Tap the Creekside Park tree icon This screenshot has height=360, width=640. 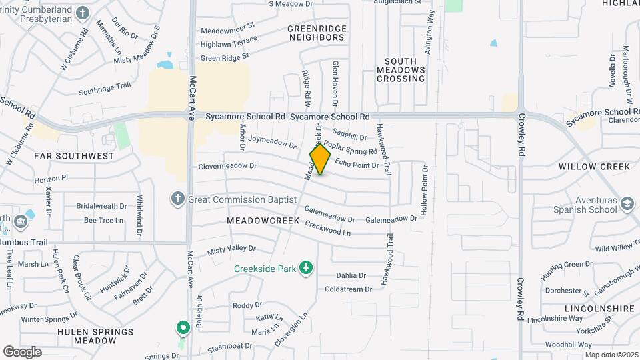(x=306, y=268)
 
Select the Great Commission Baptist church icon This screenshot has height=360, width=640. (x=177, y=199)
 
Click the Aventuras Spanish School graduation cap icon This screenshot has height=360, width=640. (x=627, y=203)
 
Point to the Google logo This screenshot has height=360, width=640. (x=22, y=352)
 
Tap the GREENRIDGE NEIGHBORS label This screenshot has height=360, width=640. (x=316, y=33)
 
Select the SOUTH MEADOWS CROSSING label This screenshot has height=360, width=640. (x=401, y=69)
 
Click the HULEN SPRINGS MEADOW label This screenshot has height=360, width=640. (x=95, y=336)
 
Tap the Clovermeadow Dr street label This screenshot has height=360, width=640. (x=227, y=167)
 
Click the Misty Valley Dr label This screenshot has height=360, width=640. (x=231, y=249)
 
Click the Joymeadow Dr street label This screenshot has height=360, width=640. (x=272, y=142)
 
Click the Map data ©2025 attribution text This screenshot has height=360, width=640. (x=611, y=355)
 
